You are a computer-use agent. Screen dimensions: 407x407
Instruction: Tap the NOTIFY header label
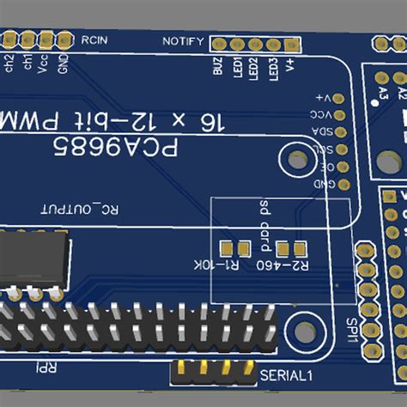183,42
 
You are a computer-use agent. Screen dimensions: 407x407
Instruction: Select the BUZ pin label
219,66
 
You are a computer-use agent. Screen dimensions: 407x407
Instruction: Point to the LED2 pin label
254,67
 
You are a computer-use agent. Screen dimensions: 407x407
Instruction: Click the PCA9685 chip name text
116,149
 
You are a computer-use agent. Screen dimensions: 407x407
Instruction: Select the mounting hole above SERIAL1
303,331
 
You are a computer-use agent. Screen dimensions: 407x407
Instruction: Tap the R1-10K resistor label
218,265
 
